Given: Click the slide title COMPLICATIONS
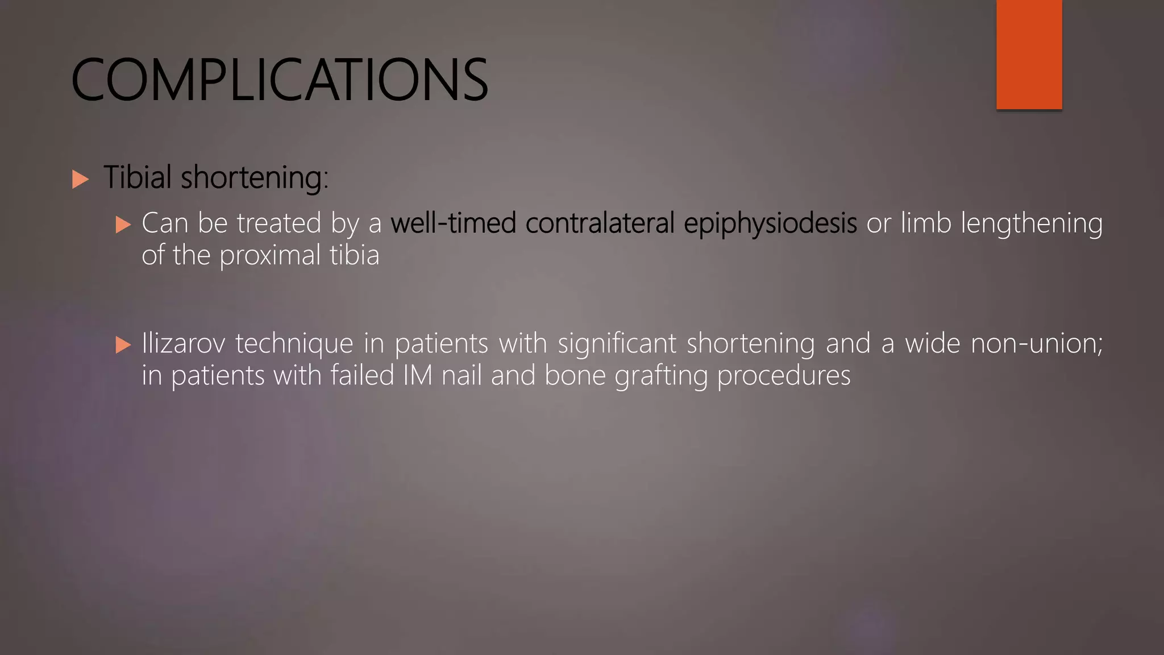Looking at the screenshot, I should (279, 80).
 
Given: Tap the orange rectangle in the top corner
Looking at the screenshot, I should (1029, 55).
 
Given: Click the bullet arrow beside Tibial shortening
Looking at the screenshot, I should (81, 180).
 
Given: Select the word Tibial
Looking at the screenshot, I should (137, 177).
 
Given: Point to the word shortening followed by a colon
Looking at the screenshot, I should (254, 178).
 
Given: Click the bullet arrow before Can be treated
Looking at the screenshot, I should (123, 224).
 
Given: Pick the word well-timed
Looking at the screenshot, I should (453, 223).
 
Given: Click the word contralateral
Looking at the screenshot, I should (600, 223).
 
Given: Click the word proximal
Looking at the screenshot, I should (270, 256).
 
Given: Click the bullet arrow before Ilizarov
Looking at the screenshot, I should (123, 345).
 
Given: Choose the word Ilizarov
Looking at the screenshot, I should (183, 343).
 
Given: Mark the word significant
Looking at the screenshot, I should (617, 343).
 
